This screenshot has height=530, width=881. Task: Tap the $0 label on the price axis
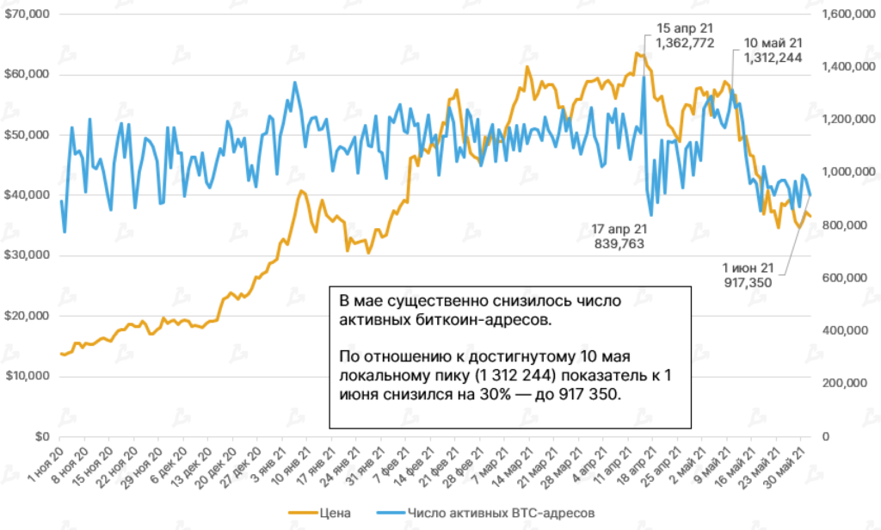pyautogui.click(x=41, y=436)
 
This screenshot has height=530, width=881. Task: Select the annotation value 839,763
pyautogui.click(x=619, y=243)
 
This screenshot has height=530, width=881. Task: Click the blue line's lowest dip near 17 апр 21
pyautogui.click(x=651, y=214)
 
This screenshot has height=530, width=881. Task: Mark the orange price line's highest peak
pyautogui.click(x=637, y=53)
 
